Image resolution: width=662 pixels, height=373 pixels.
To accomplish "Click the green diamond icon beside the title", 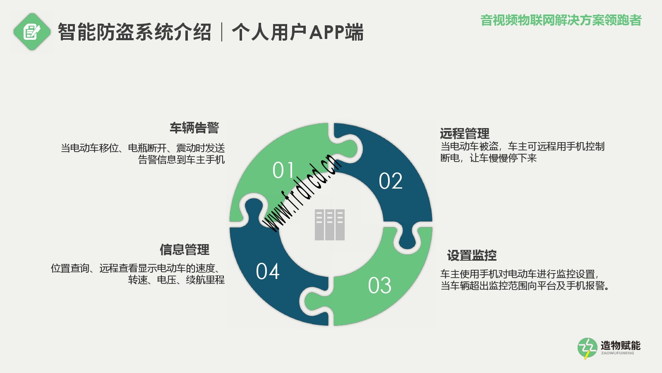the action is point(32,31).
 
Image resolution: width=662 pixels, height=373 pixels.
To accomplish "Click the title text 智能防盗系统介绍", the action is point(134,32).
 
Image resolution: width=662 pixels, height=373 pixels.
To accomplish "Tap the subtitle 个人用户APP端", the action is point(297,32).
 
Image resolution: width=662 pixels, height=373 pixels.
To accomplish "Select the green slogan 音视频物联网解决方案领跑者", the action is point(561,20).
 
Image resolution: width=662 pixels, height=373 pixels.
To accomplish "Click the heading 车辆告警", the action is point(194,128).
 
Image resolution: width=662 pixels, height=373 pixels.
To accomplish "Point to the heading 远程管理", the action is point(465,133).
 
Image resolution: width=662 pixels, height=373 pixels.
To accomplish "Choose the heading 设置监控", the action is point(472,255).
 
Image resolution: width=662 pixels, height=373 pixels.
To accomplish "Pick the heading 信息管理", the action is point(185,249).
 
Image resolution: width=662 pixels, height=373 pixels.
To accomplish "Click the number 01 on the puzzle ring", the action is point(283,170).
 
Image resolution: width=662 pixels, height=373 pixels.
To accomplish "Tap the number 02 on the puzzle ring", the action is point(391,181).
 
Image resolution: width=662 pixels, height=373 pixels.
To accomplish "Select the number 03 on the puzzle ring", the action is point(380,286).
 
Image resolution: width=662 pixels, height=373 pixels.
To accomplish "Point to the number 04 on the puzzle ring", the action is point(268,271).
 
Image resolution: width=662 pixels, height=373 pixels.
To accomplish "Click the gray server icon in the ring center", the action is point(330,225).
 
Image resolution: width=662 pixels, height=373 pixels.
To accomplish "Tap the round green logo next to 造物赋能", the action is point(588,348).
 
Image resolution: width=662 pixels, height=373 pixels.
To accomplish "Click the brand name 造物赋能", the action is point(620,346).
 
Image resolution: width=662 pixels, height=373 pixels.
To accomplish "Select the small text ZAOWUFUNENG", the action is point(617,353).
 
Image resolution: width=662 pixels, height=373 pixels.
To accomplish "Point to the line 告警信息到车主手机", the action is point(182,160).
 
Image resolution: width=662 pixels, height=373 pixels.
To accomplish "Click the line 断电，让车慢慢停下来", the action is point(489,158).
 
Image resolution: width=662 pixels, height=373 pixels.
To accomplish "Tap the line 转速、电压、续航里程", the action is point(176,280).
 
